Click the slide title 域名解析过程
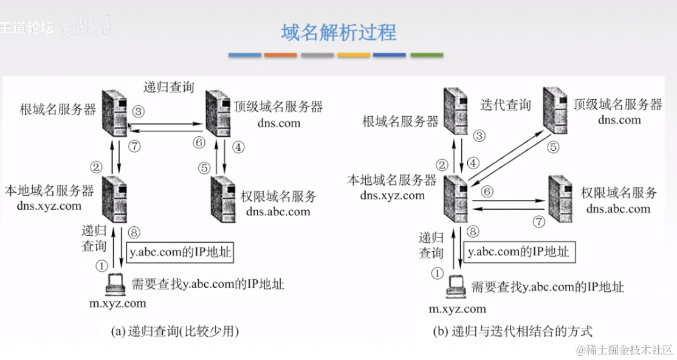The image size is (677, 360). pos(338,32)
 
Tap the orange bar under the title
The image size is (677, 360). pos(280,55)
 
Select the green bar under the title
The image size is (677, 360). pos(427,55)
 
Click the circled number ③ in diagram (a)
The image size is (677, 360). pos(139,111)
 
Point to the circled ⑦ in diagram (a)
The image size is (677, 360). pos(135,147)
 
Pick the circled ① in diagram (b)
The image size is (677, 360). pos(437,274)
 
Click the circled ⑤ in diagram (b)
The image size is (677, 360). pos(553,147)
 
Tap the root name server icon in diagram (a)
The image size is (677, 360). pos(115,112)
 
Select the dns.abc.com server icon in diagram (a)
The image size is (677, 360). pos(224,197)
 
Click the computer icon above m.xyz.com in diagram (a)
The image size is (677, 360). pos(114,283)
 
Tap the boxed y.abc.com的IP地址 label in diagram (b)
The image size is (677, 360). pos(518,251)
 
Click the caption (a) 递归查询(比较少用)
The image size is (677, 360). pos(176,332)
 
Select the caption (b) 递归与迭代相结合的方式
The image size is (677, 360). pos(512,332)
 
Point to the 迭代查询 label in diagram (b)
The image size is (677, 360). pos(505,105)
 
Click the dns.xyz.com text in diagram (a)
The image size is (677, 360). pos(50,206)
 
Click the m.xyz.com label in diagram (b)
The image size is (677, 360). pos(458,309)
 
